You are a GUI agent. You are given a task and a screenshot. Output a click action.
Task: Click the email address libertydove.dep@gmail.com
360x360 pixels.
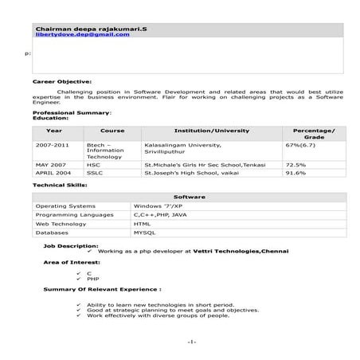pos(82,35)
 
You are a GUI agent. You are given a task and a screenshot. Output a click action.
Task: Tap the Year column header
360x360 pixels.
pos(54,130)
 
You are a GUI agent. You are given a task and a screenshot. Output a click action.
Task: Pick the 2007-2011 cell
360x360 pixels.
pos(51,146)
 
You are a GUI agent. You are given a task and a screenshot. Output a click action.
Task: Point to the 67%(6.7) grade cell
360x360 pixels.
pos(300,146)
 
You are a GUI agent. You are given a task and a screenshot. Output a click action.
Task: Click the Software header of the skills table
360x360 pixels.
pos(190,196)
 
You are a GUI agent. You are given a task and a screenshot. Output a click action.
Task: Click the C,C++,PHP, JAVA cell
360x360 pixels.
pos(160,214)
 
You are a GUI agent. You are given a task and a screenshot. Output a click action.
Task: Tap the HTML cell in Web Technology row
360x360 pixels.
pos(142,224)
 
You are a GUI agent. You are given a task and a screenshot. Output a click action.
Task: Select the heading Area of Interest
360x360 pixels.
pos(72,262)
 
